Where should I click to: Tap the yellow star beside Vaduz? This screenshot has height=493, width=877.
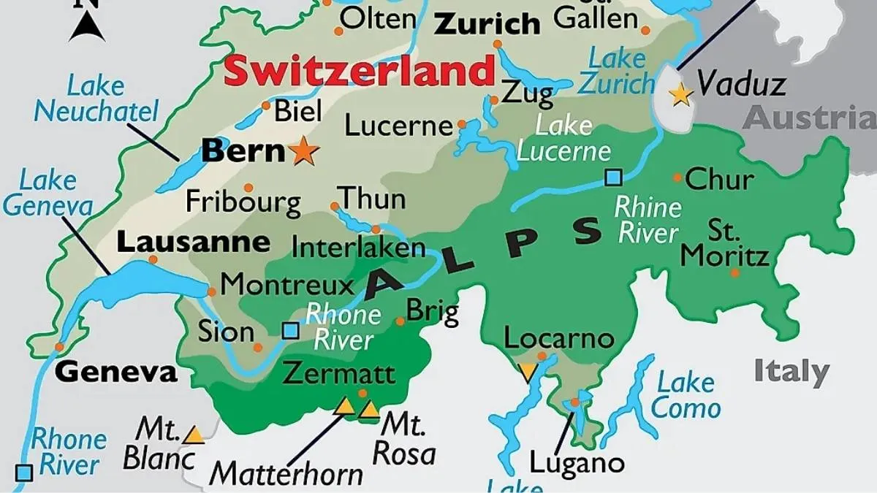pos(681,93)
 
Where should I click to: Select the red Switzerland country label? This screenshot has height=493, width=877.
pos(360,72)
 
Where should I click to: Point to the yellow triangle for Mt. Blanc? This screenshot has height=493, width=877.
pos(194,435)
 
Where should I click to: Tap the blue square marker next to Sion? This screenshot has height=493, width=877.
pos(290,331)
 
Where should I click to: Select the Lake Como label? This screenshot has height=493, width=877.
pos(685,394)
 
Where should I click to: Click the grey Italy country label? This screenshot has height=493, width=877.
pos(791,371)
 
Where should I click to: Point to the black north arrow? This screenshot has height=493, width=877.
pos(88,26)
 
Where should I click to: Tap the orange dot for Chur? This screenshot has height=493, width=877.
pos(677,177)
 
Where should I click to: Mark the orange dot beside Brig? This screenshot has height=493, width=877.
pos(400,321)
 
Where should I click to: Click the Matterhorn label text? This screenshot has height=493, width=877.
pos(286,474)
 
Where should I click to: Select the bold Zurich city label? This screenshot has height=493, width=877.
pos(487,24)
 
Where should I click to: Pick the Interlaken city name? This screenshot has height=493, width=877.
pos(358,247)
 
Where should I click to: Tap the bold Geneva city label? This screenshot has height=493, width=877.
pos(116,372)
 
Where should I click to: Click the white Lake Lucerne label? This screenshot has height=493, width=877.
pos(563,138)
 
